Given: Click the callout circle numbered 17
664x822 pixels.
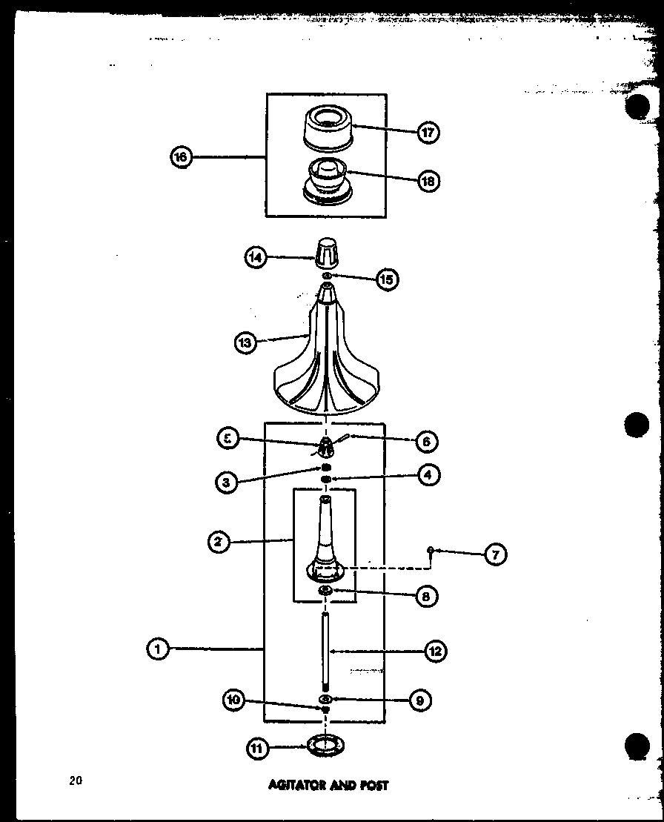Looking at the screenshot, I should [x=428, y=133].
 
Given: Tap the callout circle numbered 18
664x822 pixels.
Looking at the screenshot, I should [x=428, y=180].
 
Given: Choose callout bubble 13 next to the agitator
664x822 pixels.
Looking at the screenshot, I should [x=246, y=342].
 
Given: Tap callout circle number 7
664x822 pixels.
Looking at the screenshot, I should [x=495, y=554].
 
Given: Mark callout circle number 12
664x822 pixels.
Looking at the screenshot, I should [x=434, y=652].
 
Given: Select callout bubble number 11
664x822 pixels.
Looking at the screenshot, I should [x=257, y=749].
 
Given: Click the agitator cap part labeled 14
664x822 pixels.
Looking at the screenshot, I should [x=326, y=254].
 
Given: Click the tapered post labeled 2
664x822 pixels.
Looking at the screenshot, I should [x=325, y=541].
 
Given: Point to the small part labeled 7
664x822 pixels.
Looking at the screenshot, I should [x=431, y=549].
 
